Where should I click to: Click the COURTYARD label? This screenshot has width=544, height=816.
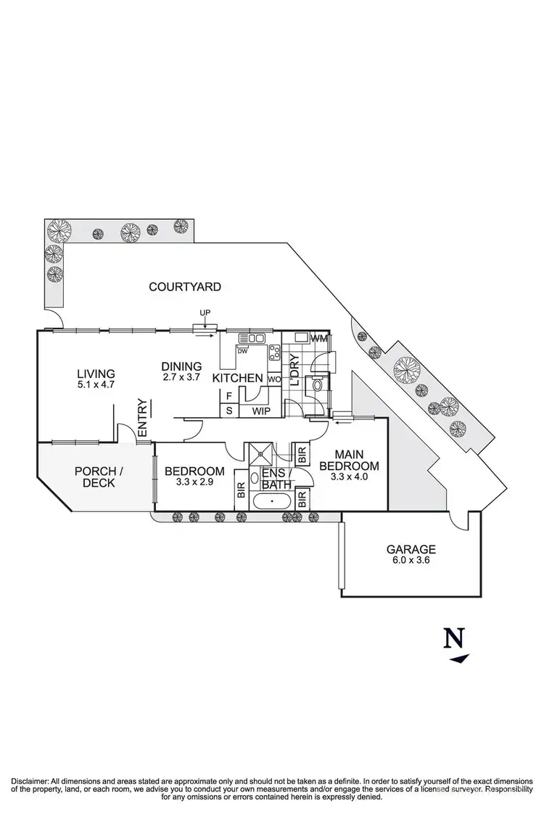coord(185,287)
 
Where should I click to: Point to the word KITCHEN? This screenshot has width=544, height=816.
coord(237,378)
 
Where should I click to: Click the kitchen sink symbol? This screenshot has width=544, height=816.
coord(254,338)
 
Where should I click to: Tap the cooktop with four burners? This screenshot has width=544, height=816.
coord(276,353)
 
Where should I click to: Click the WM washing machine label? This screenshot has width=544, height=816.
coord(320,339)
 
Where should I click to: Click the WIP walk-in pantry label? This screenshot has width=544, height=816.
coord(261,411)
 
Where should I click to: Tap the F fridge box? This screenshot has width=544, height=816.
coord(229,396)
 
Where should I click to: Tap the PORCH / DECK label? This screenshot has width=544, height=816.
coord(99,477)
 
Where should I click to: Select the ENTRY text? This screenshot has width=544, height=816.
coord(142,418)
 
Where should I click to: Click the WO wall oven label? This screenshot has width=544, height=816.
coord(273,379)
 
